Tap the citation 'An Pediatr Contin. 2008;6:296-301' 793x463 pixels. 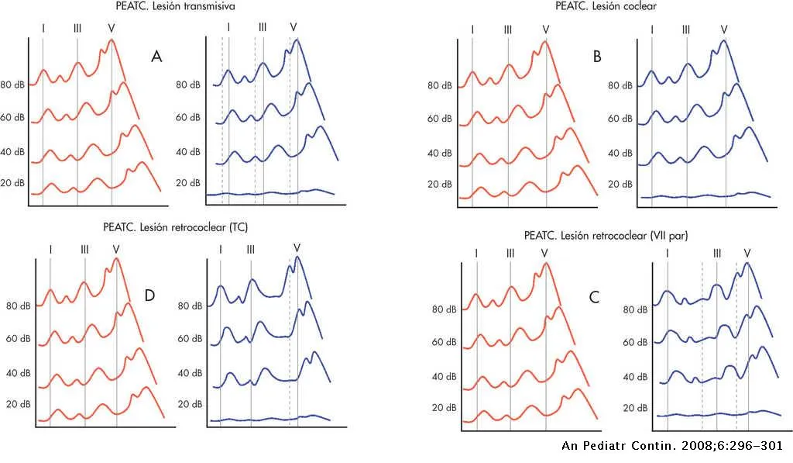[670, 446]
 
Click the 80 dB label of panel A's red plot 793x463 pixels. [13, 85]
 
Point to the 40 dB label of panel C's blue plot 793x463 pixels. [634, 376]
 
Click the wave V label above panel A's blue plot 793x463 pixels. [293, 27]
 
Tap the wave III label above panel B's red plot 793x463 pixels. [508, 29]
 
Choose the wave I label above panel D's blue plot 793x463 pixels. [221, 249]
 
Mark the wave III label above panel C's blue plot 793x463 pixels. [717, 253]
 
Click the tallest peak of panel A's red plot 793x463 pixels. [112, 40]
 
